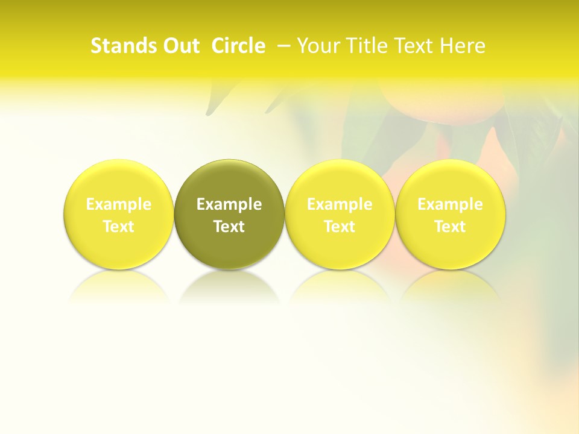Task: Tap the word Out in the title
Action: [180, 46]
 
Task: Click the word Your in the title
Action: [317, 46]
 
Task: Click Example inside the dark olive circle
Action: [229, 204]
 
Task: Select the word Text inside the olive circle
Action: [229, 227]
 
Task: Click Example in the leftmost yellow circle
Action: [119, 204]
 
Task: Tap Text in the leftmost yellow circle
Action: [119, 227]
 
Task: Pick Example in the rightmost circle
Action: [450, 204]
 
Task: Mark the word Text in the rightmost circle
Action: [450, 227]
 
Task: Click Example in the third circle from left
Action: [340, 204]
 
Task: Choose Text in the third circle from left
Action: [340, 227]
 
